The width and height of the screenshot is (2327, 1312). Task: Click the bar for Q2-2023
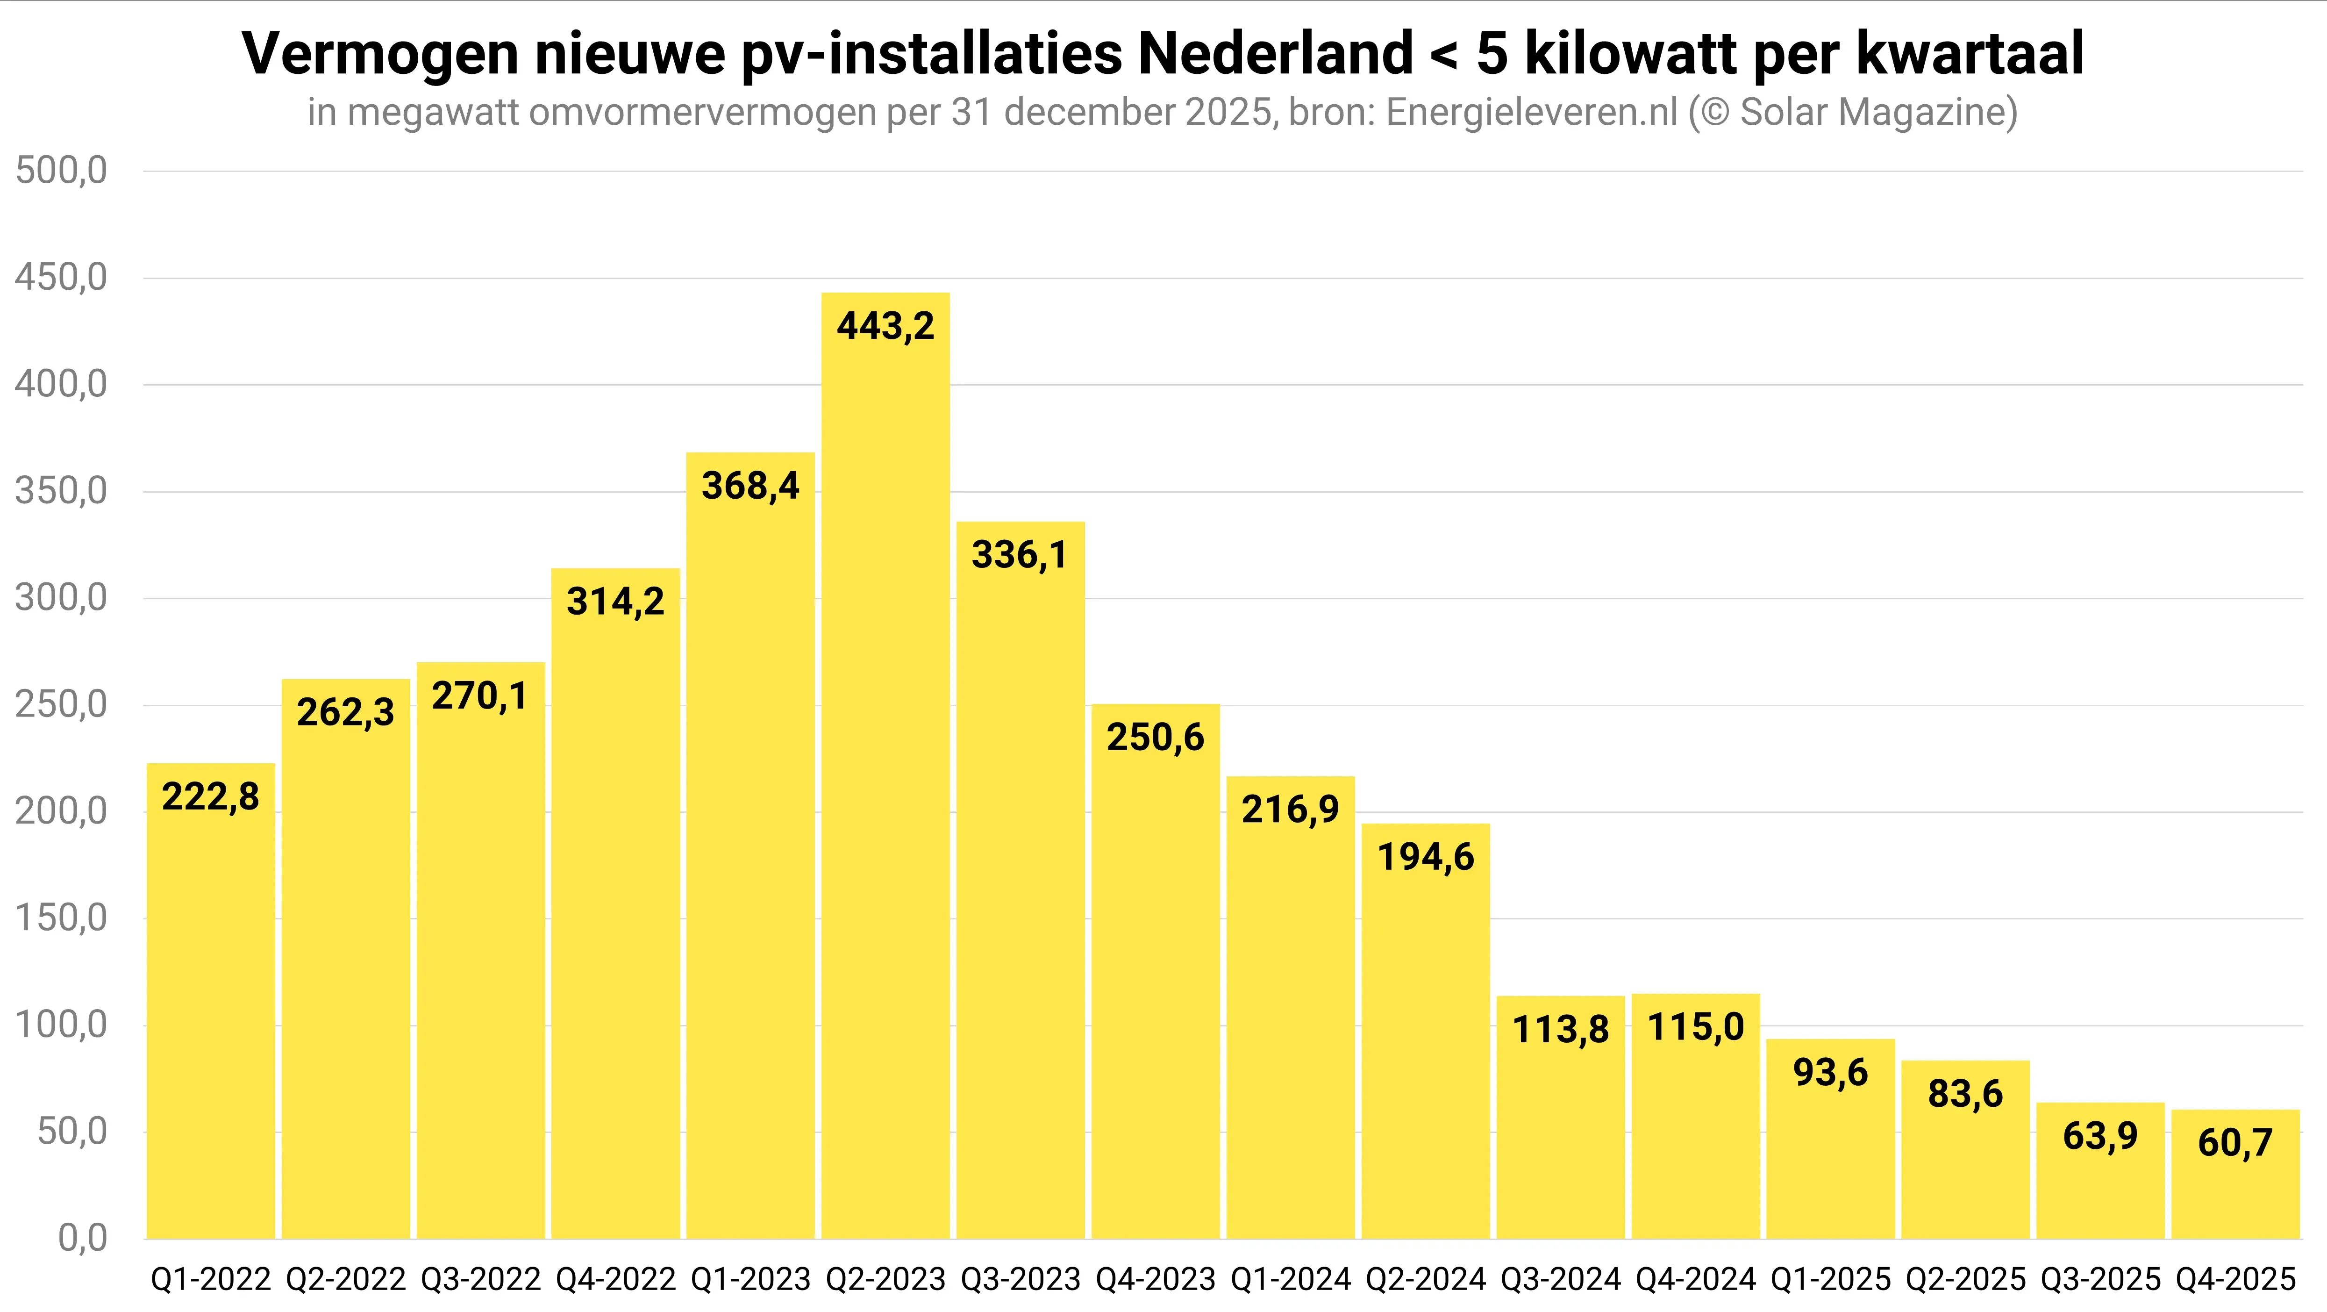click(885, 768)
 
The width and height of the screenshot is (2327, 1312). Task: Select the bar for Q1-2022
click(210, 1003)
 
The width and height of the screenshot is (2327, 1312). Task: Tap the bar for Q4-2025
click(2235, 1175)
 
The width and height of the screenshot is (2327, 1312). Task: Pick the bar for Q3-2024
click(1560, 1120)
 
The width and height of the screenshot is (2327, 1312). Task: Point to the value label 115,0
click(1696, 1027)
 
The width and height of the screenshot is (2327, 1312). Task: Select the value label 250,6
click(1156, 737)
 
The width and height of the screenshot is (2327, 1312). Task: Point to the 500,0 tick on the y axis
click(61, 171)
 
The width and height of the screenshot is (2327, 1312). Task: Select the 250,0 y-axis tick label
click(61, 705)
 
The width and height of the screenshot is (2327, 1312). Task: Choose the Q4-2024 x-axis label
click(1696, 1279)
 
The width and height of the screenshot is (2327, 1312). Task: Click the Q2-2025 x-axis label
click(1966, 1279)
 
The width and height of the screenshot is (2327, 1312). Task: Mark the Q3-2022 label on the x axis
click(480, 1279)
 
